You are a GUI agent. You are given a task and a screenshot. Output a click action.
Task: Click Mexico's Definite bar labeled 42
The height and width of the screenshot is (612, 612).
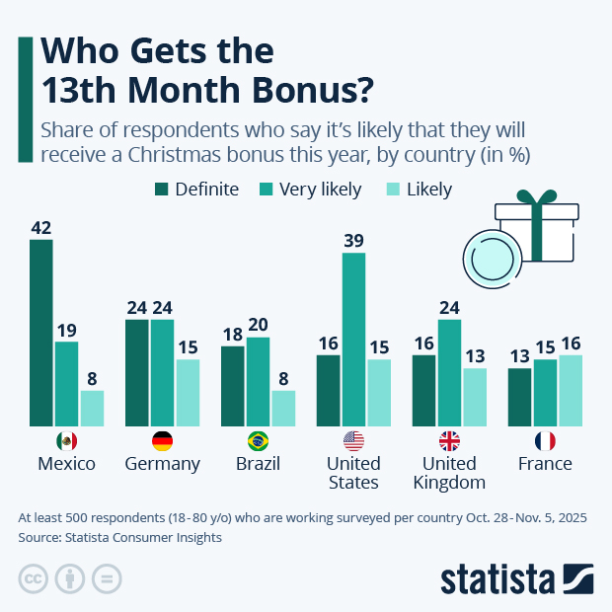coord(40,333)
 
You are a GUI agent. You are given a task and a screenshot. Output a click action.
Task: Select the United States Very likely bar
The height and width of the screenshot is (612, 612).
coord(354,340)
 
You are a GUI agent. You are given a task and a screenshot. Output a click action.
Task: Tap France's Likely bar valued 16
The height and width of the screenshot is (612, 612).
coord(571,391)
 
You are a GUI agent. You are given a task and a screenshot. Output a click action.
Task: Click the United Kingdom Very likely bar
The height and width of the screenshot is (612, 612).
coord(450,373)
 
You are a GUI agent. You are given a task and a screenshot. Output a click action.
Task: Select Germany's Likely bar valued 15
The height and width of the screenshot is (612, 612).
coord(188,393)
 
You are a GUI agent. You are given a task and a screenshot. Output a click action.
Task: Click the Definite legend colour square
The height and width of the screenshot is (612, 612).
coord(162,190)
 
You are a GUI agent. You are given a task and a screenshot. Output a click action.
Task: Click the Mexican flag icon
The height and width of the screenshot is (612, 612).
coord(67,441)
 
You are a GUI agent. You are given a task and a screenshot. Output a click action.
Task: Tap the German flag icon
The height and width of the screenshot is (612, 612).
coord(163,441)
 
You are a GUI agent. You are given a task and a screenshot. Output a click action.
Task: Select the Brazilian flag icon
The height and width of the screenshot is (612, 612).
coord(259,441)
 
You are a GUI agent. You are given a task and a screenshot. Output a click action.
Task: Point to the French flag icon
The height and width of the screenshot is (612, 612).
coord(545,441)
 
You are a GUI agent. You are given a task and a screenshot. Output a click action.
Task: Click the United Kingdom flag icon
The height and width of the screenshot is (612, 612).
coord(450,441)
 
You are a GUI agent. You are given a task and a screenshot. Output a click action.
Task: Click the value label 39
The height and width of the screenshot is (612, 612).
coord(354,239)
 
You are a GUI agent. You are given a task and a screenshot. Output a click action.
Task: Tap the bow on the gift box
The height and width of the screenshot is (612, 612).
coord(537,202)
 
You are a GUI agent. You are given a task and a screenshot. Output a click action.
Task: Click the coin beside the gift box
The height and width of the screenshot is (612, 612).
coord(486,256)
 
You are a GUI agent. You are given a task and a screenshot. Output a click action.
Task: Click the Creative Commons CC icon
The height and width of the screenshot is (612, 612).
coord(35,579)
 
